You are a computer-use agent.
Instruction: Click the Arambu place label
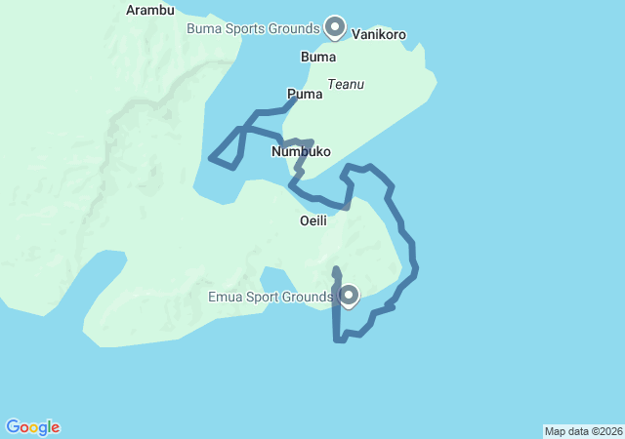coord(150,11)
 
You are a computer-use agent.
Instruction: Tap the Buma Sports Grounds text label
coord(253,27)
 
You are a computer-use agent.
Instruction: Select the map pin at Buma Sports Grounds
coord(335,26)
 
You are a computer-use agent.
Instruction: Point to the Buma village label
coord(318,57)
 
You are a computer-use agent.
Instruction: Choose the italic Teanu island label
coord(346,84)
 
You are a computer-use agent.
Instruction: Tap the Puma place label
coord(305,94)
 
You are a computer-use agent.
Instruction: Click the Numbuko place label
coord(301,152)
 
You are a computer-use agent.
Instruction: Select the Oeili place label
coord(312,220)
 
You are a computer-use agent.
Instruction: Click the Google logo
coord(32,427)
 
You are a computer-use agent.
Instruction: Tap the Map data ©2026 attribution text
coord(583,431)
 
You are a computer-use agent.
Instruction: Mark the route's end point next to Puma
coord(296,100)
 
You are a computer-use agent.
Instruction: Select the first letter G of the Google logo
coord(13,427)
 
